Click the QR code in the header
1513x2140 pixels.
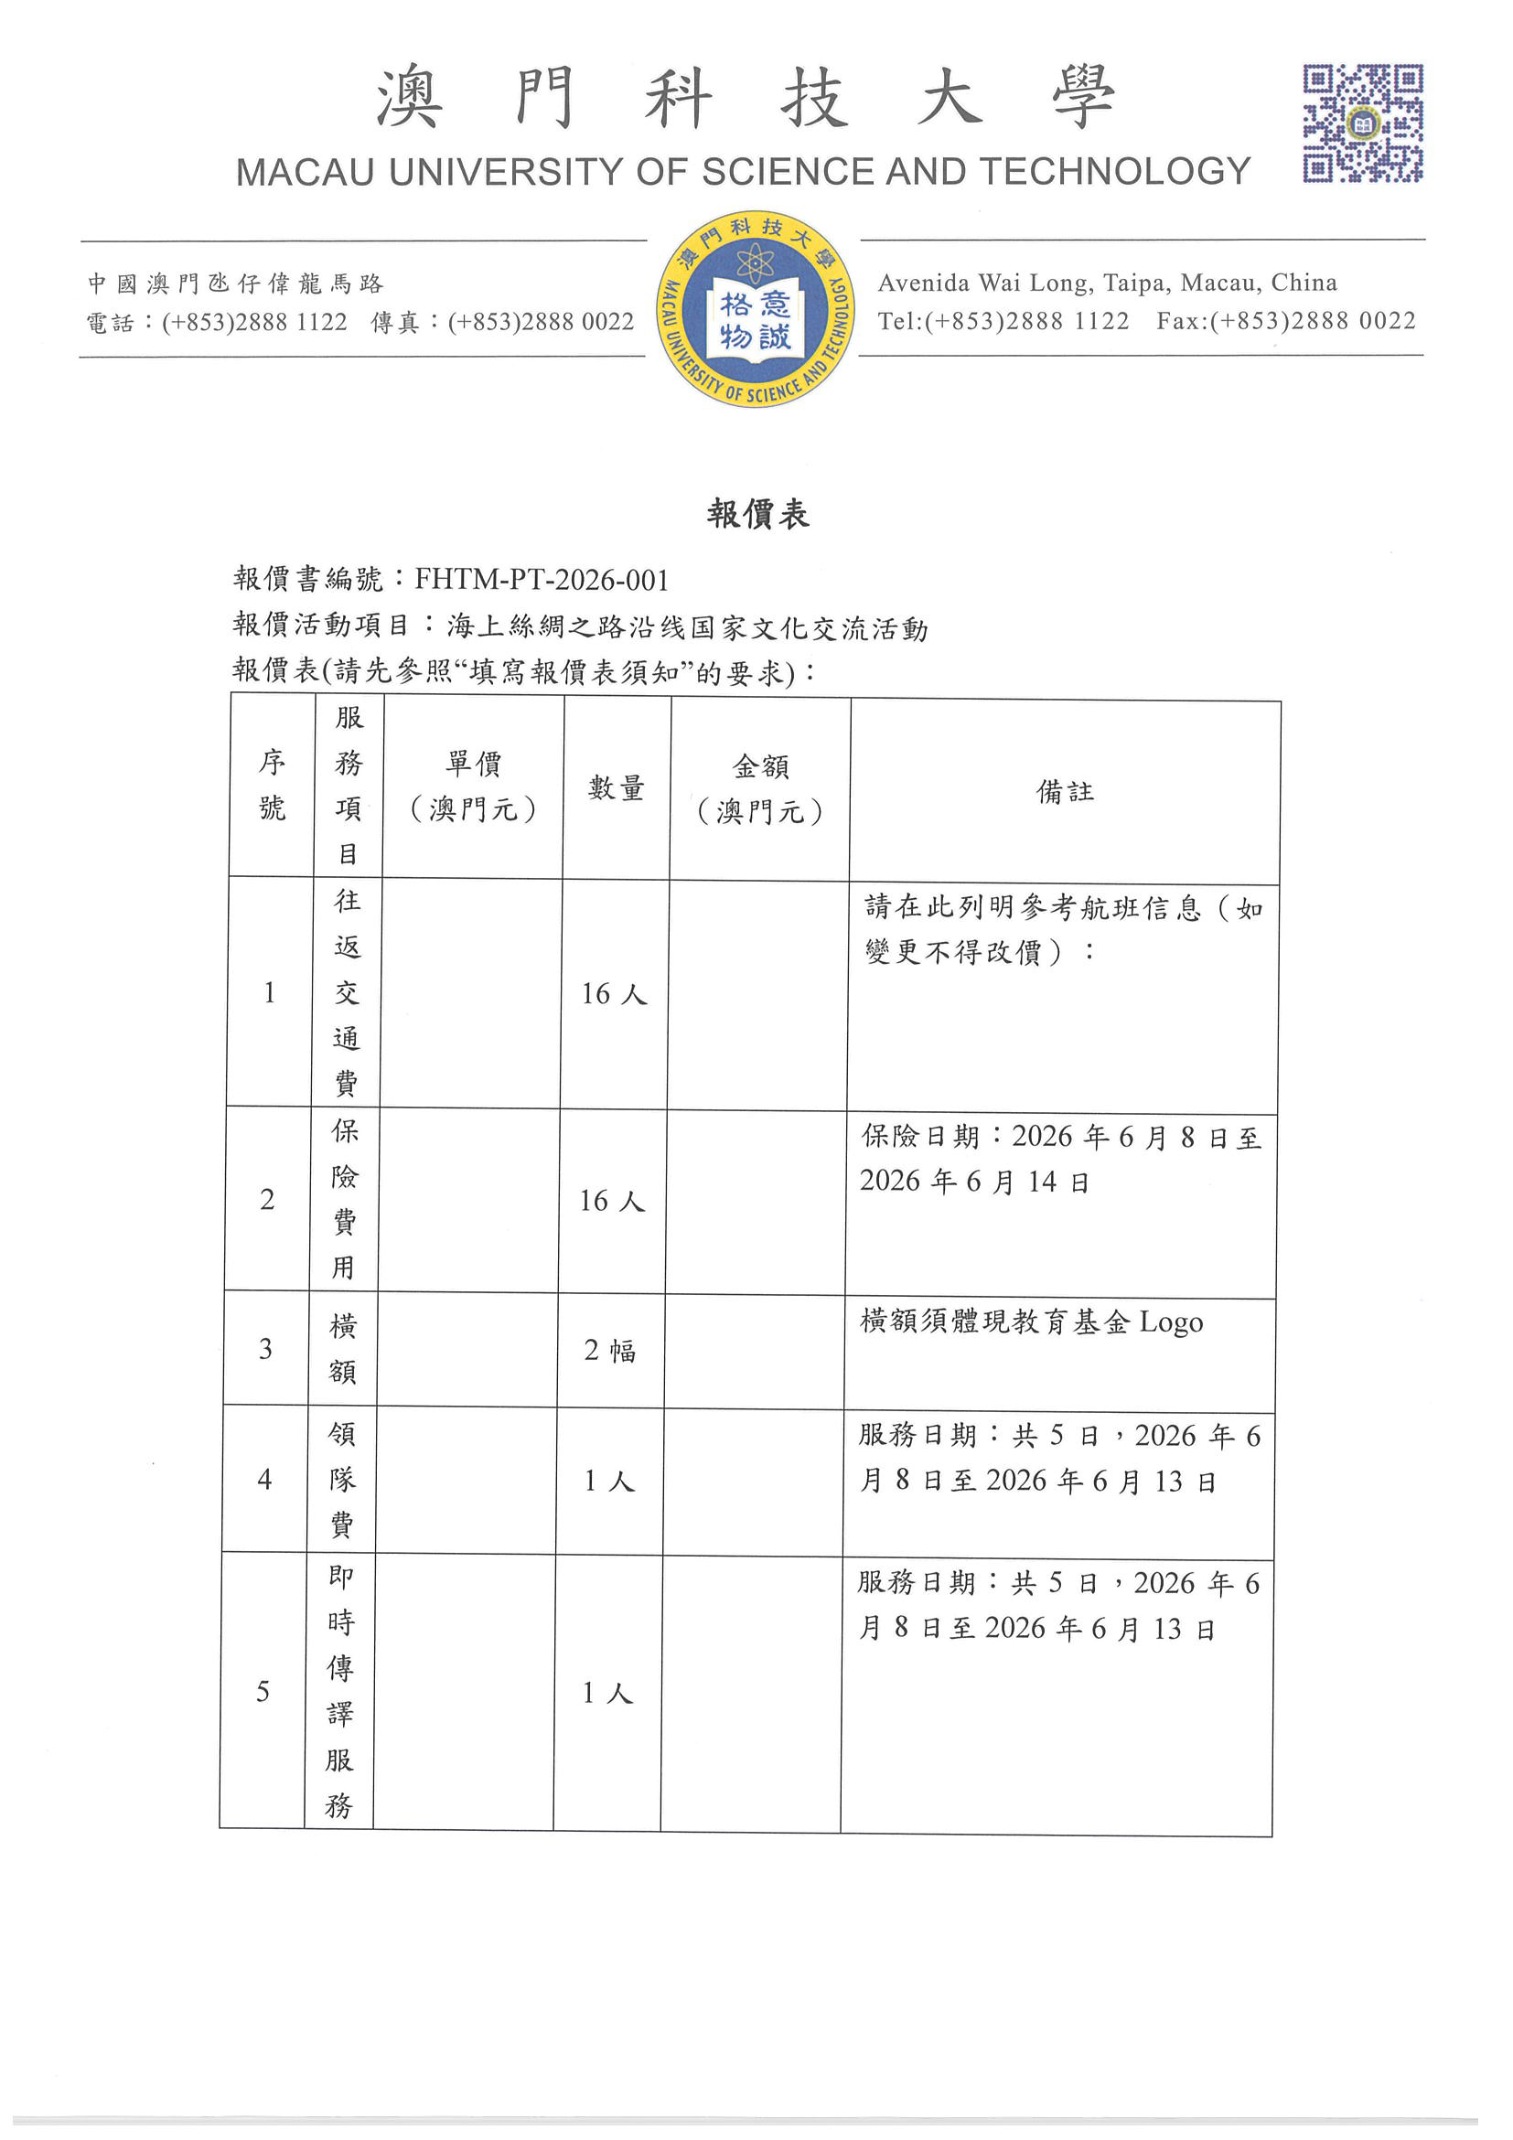[x=1362, y=123]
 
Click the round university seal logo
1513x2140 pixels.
[x=755, y=308]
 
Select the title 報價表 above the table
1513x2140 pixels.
[x=757, y=514]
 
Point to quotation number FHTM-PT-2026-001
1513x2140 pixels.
[x=542, y=580]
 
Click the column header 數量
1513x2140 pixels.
[x=617, y=788]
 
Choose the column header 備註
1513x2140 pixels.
[x=1065, y=791]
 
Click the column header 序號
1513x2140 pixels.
[x=272, y=785]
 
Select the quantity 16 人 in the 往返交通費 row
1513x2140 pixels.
[x=614, y=994]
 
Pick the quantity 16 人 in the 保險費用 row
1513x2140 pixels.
[x=612, y=1202]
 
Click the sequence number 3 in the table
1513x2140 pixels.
[x=265, y=1349]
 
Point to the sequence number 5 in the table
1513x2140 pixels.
[x=263, y=1692]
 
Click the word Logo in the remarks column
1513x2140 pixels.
[x=1171, y=1322]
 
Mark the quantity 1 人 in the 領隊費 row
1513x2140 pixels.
[x=608, y=1481]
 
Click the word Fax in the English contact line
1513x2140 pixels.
[x=1177, y=321]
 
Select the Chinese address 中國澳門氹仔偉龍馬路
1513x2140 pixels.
[x=236, y=284]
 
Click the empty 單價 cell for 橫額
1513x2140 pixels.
[x=468, y=1351]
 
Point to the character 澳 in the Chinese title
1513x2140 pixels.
[x=409, y=97]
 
